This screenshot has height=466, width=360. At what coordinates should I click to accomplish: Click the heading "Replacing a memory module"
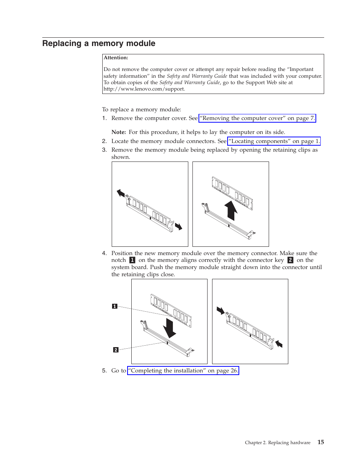pyautogui.click(x=98, y=43)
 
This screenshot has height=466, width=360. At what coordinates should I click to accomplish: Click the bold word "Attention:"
pyautogui.click(x=116, y=58)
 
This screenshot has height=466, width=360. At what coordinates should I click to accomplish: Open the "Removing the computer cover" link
pyautogui.click(x=257, y=118)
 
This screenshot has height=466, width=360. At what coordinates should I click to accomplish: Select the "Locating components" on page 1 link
pyautogui.click(x=274, y=141)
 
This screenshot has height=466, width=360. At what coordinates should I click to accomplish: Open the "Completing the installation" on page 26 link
pyautogui.click(x=183, y=371)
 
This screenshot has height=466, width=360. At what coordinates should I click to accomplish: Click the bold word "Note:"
pyautogui.click(x=118, y=132)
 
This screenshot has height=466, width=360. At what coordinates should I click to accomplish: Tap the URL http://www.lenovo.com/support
pyautogui.click(x=144, y=89)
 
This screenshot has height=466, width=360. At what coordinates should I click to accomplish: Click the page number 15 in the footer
pyautogui.click(x=320, y=442)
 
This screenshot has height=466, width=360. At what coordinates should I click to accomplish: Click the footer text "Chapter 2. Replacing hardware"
pyautogui.click(x=277, y=443)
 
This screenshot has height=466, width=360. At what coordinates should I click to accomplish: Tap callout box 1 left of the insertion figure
pyautogui.click(x=115, y=306)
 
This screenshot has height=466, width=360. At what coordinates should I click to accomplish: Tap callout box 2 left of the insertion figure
pyautogui.click(x=116, y=350)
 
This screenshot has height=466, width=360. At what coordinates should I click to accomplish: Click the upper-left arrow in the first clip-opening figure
pyautogui.click(x=121, y=193)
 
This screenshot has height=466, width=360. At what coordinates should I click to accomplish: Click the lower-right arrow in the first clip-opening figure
pyautogui.click(x=178, y=226)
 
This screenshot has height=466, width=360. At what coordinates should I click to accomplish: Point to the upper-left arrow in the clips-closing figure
pyautogui.click(x=220, y=310)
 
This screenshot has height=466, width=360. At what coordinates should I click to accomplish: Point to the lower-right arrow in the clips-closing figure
pyautogui.click(x=278, y=343)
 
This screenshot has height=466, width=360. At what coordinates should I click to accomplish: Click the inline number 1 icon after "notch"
pyautogui.click(x=132, y=260)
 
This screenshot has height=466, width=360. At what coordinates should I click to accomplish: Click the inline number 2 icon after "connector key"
pyautogui.click(x=290, y=260)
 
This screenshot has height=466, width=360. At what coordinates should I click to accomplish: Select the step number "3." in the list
pyautogui.click(x=105, y=150)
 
